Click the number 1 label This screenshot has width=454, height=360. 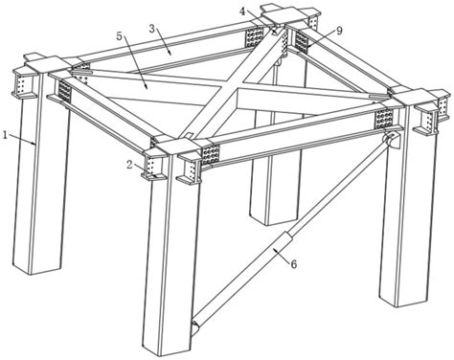[5, 135]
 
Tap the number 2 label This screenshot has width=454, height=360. [129, 164]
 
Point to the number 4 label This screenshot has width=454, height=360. [242, 11]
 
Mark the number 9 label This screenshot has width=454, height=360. [338, 31]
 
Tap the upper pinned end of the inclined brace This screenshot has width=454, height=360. [391, 141]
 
